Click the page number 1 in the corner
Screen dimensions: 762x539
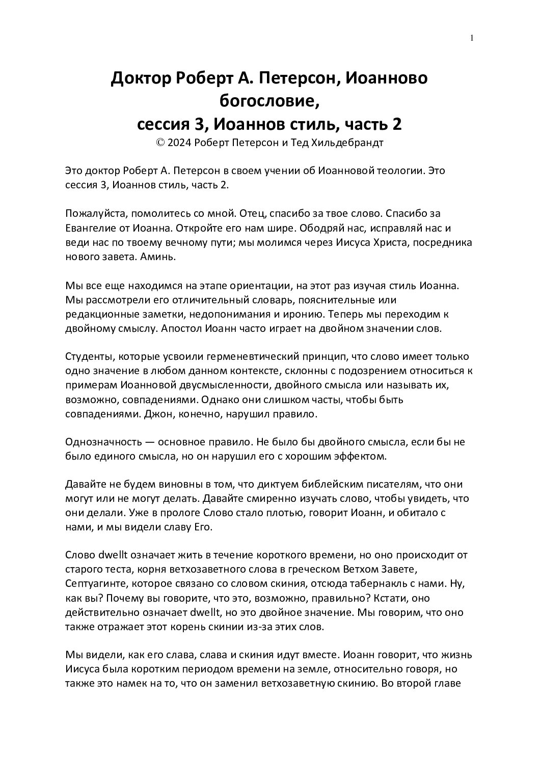click(472, 38)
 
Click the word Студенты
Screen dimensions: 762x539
click(88, 356)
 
